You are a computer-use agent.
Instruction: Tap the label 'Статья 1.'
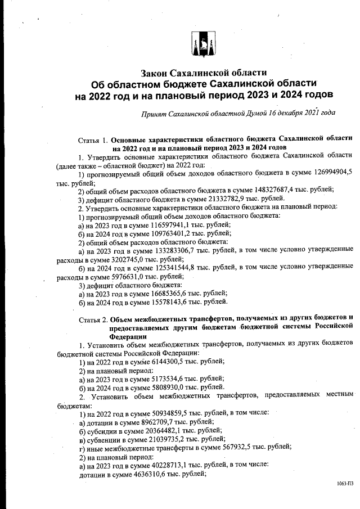92,138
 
